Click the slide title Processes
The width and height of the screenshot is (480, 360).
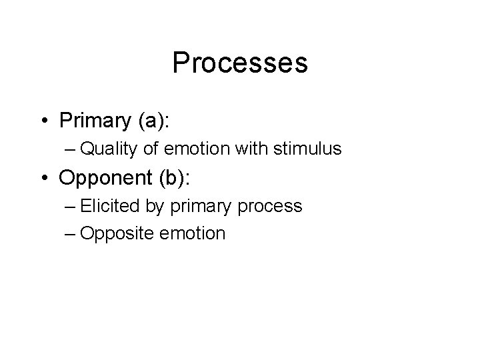pyautogui.click(x=240, y=63)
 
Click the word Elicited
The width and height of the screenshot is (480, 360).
pyautogui.click(x=110, y=206)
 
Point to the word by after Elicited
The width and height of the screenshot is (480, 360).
pyautogui.click(x=154, y=207)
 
